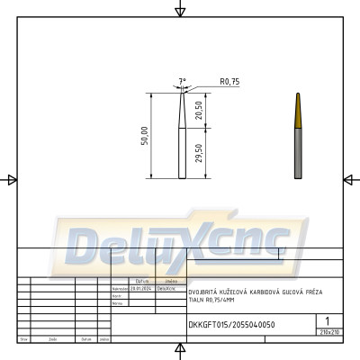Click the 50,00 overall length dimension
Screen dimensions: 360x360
(144, 135)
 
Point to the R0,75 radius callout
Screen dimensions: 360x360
(229, 82)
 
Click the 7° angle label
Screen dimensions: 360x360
(183, 80)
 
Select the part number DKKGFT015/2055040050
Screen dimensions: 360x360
(231, 324)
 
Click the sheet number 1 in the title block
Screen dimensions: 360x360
(328, 319)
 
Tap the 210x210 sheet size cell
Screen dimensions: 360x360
(329, 332)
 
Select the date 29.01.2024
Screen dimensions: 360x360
(140, 289)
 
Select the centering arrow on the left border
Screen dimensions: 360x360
(11, 180)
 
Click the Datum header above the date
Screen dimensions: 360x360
(141, 282)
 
